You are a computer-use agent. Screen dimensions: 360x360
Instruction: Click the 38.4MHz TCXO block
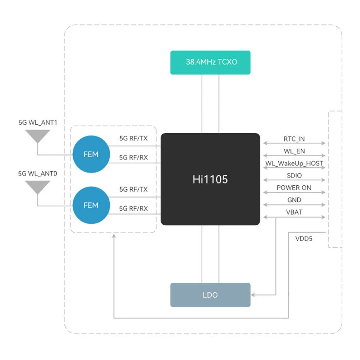tap(210, 62)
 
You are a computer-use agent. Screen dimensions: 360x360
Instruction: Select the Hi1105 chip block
tap(210, 179)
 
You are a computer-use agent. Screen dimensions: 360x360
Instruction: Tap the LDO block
tap(210, 295)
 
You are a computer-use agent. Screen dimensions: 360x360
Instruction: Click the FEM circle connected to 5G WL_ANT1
tap(91, 154)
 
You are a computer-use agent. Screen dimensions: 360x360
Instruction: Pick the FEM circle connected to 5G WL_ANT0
tap(91, 205)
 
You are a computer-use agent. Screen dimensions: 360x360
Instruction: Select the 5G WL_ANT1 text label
tap(38, 123)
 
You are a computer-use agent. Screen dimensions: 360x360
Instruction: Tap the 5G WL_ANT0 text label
tap(38, 174)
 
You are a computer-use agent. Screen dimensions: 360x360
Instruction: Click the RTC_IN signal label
tap(294, 139)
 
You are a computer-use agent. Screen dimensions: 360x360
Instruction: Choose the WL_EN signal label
tap(294, 151)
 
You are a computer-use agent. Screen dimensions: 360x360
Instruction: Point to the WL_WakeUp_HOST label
tap(294, 163)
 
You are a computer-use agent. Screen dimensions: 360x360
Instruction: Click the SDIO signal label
tap(294, 176)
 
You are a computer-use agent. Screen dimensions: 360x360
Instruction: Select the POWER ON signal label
tap(294, 188)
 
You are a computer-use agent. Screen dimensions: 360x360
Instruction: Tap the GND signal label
tap(294, 200)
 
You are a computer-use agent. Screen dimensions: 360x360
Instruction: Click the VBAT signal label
tap(294, 212)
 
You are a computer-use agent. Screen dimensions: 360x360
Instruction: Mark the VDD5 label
tap(304, 239)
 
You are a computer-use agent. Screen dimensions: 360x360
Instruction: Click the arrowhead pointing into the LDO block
tap(253, 295)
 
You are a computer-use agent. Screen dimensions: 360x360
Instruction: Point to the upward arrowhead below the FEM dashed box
tap(114, 236)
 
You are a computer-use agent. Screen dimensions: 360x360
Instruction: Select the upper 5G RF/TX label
tap(134, 138)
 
